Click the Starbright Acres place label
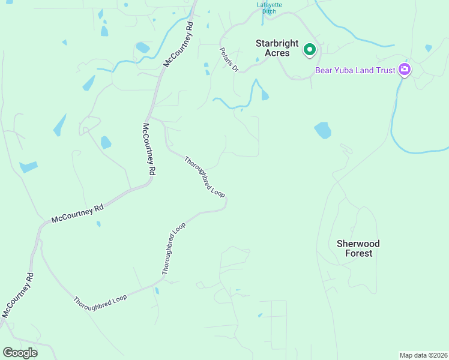tap(273, 48)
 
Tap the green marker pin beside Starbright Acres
tap(309, 49)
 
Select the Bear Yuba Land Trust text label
tap(355, 70)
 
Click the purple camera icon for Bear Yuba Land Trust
tap(405, 70)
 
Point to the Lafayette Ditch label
tap(270, 8)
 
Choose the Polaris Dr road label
tap(229, 60)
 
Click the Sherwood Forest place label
tap(358, 248)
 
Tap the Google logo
tap(20, 353)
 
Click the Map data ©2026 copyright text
tap(423, 355)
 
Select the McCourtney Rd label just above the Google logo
tap(17, 295)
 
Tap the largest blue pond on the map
tap(323, 130)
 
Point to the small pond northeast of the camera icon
tap(428, 48)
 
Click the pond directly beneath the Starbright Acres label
tap(264, 94)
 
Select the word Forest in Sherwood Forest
tap(358, 253)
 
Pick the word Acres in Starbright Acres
tap(279, 53)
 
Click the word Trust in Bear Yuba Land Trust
tap(387, 70)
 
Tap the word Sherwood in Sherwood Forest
tap(358, 244)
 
